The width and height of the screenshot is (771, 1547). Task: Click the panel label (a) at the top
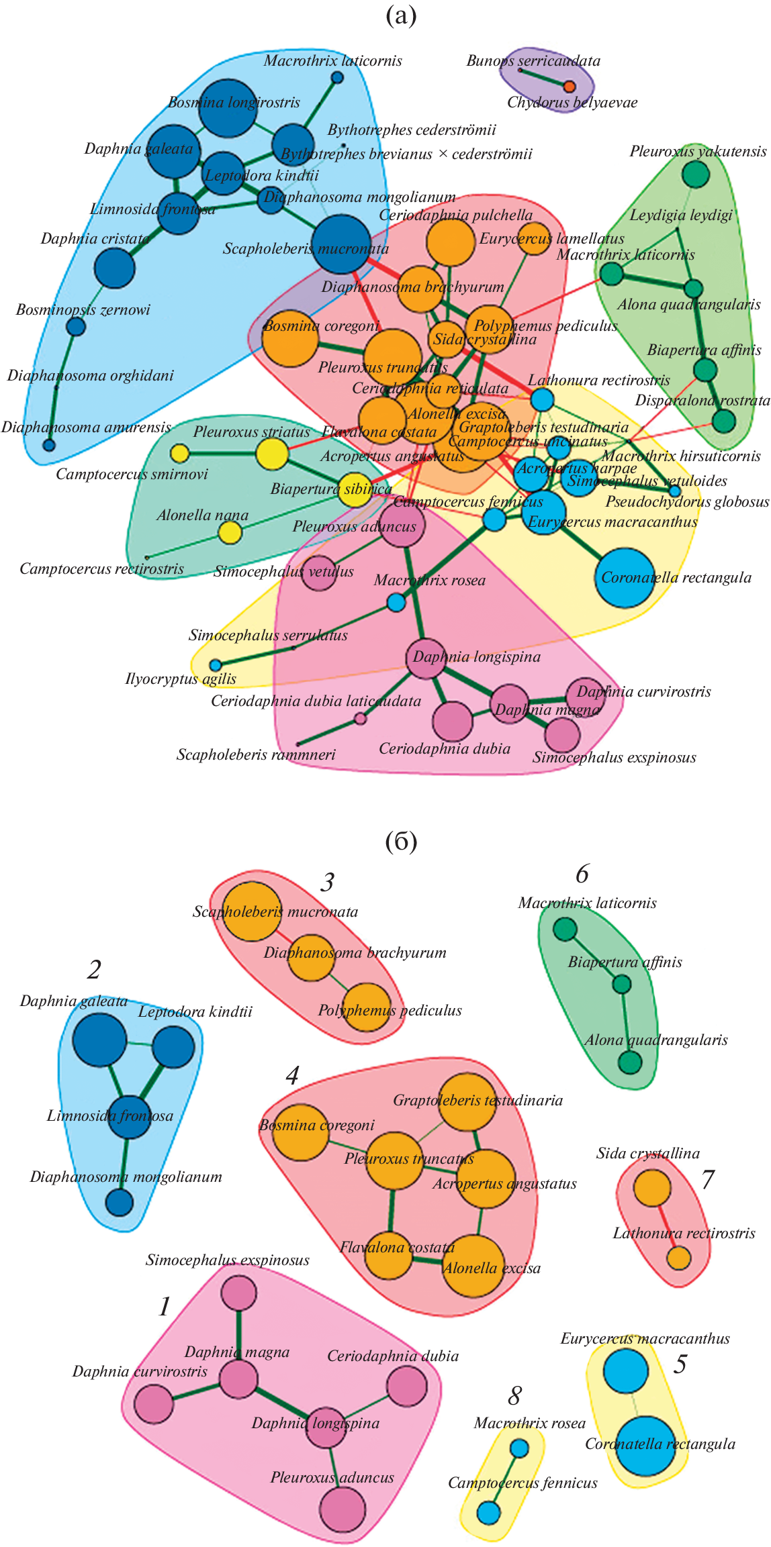(x=401, y=15)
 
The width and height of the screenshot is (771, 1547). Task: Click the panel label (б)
(x=401, y=840)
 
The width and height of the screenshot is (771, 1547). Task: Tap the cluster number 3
(x=327, y=882)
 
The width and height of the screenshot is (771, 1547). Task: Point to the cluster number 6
(x=582, y=873)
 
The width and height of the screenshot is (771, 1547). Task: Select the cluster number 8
(x=514, y=1396)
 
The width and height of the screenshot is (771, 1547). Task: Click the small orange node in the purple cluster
(x=570, y=86)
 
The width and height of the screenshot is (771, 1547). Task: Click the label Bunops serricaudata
(x=533, y=60)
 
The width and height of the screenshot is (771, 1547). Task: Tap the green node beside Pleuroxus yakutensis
(x=696, y=174)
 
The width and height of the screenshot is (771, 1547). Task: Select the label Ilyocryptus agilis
(x=181, y=679)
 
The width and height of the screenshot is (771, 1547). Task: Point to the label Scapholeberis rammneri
(x=256, y=754)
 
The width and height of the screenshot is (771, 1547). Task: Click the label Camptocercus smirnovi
(x=132, y=474)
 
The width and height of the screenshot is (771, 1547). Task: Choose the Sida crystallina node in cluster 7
(x=652, y=1187)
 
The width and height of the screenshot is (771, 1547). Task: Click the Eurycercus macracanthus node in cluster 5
(x=626, y=1371)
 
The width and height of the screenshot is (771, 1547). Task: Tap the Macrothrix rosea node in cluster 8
(x=519, y=1448)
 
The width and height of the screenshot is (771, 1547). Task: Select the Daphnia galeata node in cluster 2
(x=99, y=1040)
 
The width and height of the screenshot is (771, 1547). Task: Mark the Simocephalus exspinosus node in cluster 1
(x=238, y=1293)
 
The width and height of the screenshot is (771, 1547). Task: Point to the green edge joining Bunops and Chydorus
(x=545, y=77)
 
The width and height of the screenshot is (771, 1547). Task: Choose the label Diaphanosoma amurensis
(x=86, y=428)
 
